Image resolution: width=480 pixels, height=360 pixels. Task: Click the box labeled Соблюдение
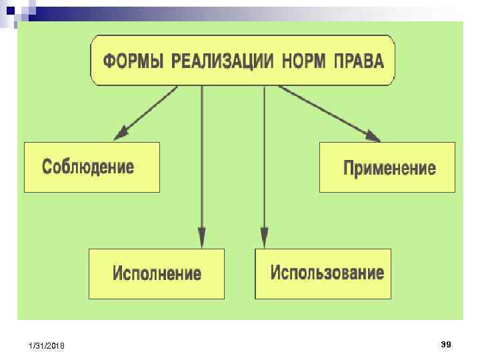[x=92, y=167]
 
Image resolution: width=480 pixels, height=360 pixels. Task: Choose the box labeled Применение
[x=387, y=167]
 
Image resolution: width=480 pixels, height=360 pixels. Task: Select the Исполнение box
[x=157, y=273]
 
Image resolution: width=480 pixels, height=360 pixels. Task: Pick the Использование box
[x=323, y=273]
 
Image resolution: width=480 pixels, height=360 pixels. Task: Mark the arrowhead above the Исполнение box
[x=201, y=238]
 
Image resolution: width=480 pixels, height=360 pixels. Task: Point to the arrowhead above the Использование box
[x=264, y=238]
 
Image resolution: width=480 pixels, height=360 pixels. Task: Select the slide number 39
[x=446, y=344]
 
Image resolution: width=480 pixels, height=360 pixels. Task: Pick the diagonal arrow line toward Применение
[x=327, y=111]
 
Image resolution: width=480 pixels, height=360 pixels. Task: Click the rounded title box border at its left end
[x=91, y=61]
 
